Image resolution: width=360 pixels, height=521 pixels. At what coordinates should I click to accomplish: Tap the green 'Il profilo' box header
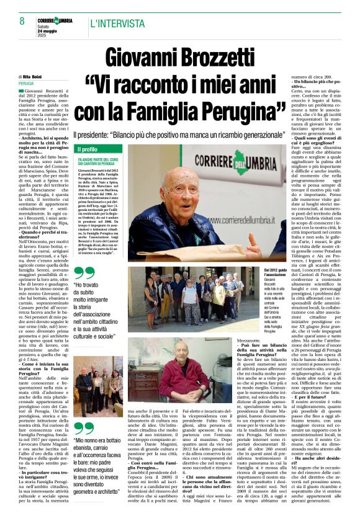click(x=88, y=149)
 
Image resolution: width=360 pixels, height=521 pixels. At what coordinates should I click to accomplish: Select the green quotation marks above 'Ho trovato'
click(x=84, y=274)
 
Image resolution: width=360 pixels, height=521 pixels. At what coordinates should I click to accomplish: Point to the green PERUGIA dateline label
click(x=26, y=82)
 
